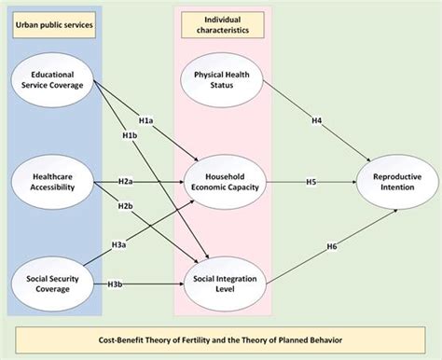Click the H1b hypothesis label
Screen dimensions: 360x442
click(131, 136)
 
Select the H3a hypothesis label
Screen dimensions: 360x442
click(119, 243)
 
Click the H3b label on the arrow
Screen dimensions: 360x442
click(116, 283)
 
